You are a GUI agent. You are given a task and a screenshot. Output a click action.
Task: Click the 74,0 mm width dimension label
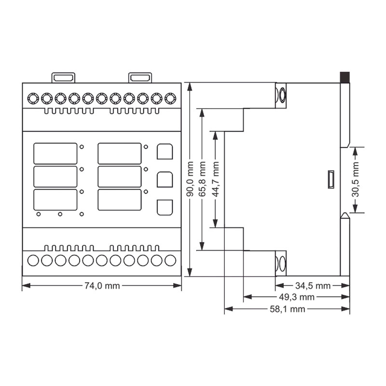point(102,286)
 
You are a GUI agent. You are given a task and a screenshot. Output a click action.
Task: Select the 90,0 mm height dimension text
point(190,179)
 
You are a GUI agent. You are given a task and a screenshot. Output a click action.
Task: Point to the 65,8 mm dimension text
point(202,179)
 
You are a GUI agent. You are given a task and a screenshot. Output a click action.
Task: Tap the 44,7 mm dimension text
point(215,179)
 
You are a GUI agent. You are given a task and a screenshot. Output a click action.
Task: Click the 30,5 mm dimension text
point(355,179)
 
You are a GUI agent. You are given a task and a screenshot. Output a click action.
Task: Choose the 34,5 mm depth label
point(313,286)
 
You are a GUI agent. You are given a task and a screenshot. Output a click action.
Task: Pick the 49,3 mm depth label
point(297,297)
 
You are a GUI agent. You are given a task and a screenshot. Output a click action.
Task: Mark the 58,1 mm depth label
point(288,309)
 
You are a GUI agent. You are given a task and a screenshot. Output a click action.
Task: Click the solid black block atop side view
point(345,78)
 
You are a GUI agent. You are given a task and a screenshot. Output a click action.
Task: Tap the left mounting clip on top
point(63,78)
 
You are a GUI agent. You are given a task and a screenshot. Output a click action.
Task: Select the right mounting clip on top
point(140,78)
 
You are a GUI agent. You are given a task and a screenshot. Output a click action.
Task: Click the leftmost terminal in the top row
point(33,99)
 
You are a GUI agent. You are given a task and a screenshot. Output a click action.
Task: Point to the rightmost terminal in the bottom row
point(170,261)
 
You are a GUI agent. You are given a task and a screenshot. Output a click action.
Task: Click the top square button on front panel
point(165,152)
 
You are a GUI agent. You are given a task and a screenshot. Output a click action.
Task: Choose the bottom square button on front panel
point(165,207)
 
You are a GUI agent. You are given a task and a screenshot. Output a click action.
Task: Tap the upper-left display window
point(55,153)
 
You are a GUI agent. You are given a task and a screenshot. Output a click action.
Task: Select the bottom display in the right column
point(120,200)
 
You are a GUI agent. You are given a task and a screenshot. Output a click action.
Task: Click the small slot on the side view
point(331,179)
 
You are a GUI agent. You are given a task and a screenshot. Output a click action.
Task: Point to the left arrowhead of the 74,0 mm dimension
point(27,286)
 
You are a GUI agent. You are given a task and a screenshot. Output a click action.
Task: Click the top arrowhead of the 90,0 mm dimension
point(190,87)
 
